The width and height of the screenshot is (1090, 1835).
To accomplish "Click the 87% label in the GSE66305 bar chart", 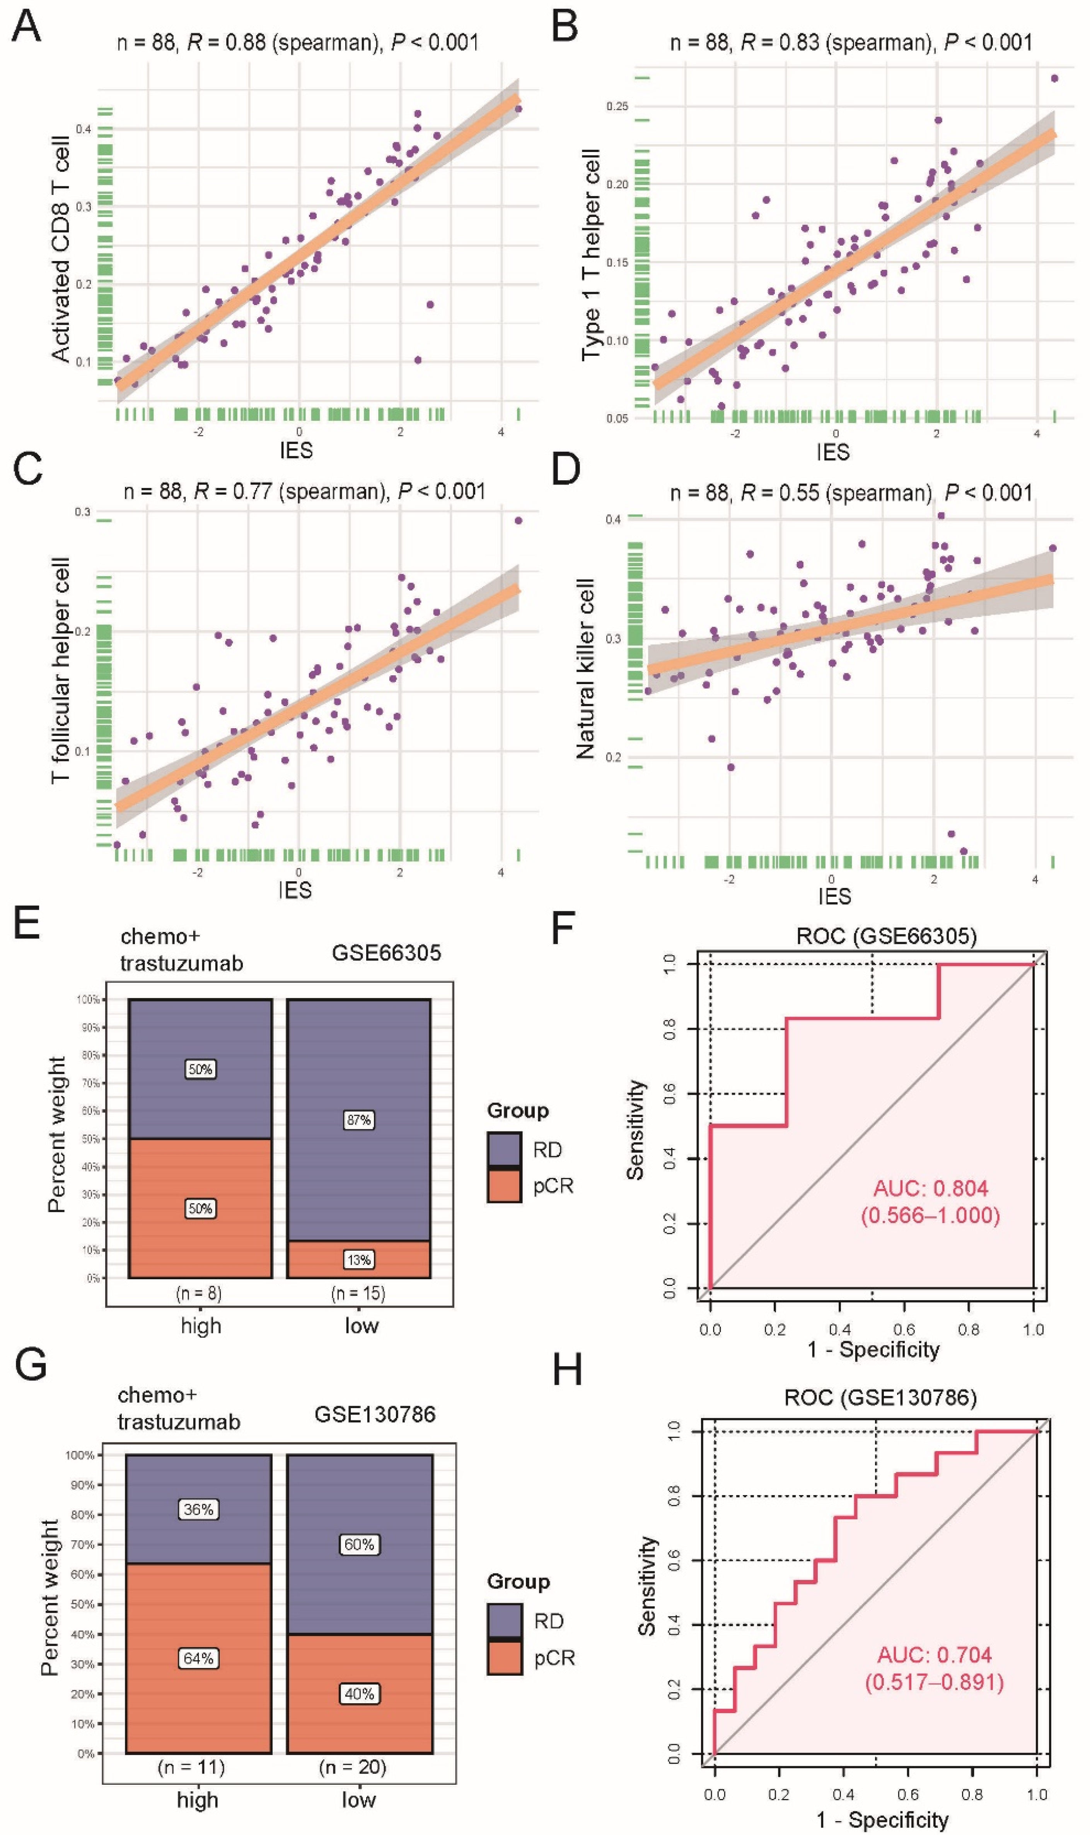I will tap(358, 1120).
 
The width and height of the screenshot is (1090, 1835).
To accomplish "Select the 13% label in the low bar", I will tap(358, 1260).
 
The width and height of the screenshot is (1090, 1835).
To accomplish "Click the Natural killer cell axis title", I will tap(585, 669).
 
